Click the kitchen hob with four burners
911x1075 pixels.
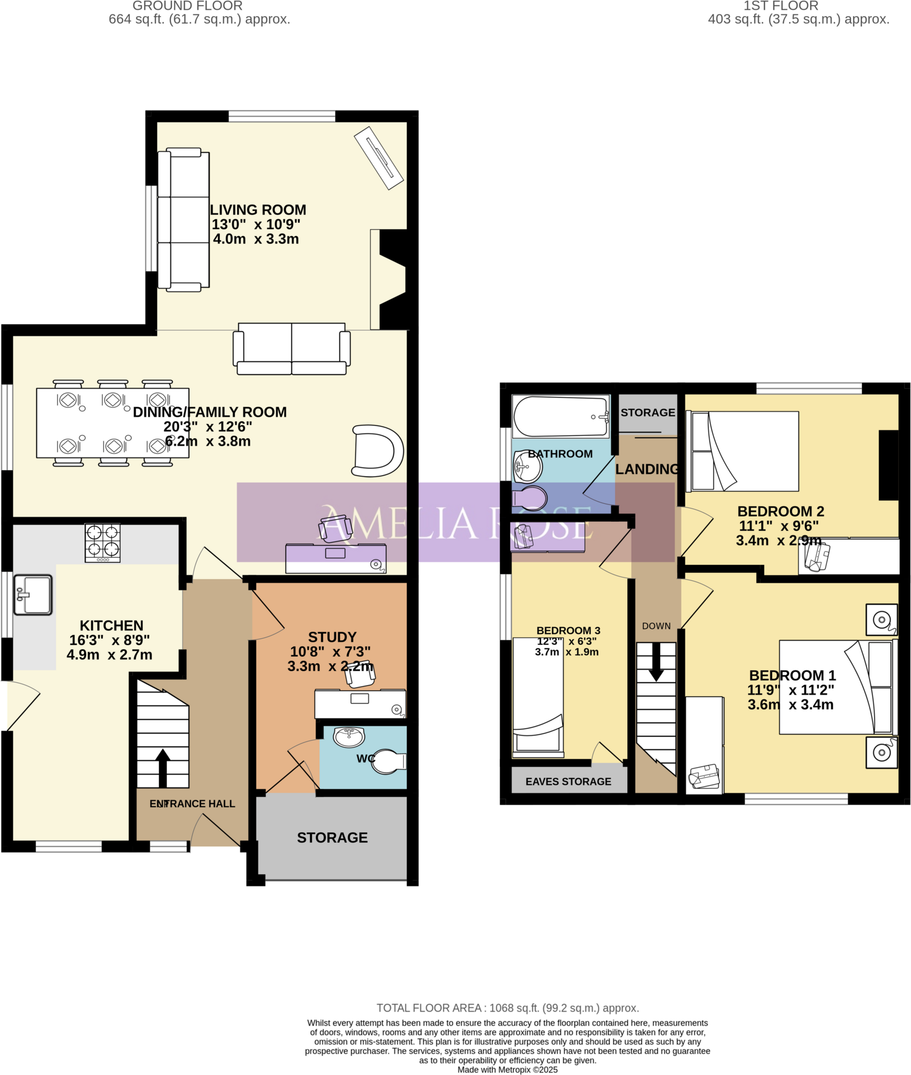pos(102,542)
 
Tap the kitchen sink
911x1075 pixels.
pos(33,595)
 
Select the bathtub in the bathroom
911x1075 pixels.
pos(560,416)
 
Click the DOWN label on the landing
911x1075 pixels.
pos(656,626)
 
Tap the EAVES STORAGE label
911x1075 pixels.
pos(568,781)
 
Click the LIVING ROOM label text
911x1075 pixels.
pos(258,210)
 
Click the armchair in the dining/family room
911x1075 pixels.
pos(377,451)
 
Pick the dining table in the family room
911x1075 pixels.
pos(112,423)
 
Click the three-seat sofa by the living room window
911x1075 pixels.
pos(184,219)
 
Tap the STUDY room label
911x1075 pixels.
pos(332,637)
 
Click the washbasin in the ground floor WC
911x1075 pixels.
pos(349,736)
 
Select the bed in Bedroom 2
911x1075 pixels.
pos(745,451)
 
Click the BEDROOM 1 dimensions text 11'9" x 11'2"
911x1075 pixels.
pos(790,690)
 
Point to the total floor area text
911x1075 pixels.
pos(508,1008)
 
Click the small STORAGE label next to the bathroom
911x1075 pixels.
pos(647,412)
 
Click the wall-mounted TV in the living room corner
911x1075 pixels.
pos(378,157)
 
